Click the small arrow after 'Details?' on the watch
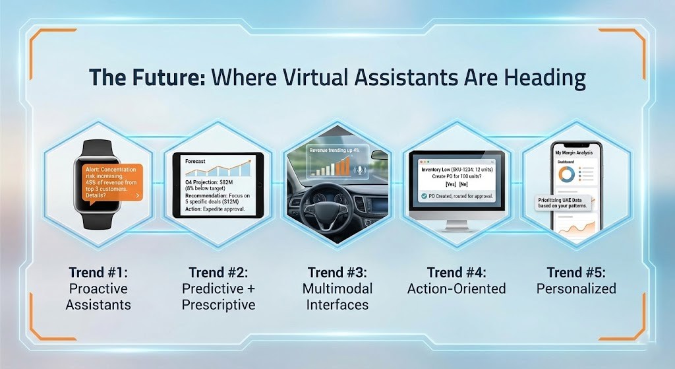136,196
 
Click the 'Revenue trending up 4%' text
336,151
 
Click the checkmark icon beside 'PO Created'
423,197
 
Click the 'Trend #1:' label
98,272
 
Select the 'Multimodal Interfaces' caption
337,296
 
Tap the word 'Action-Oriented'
456,288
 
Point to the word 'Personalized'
576,288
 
